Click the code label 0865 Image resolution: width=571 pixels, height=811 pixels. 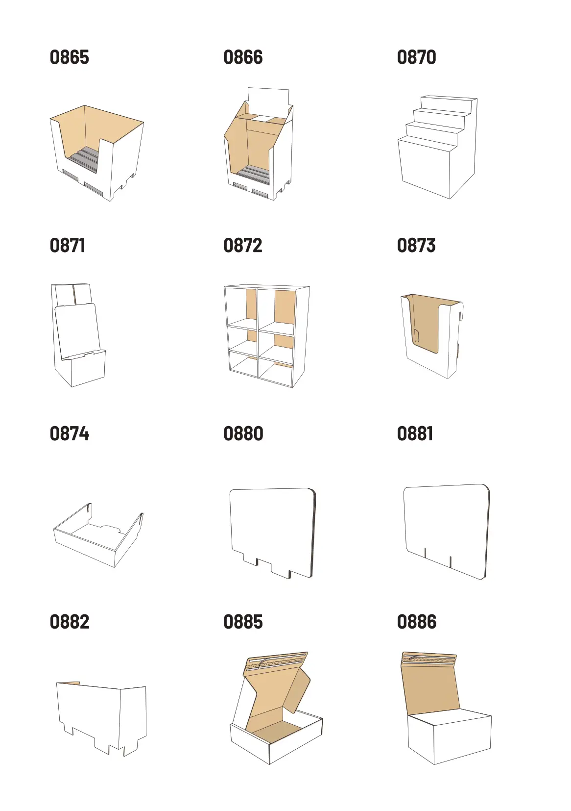[x=70, y=57]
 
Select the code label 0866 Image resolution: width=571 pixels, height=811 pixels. [x=243, y=57]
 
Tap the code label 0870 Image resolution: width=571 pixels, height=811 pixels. [x=417, y=57]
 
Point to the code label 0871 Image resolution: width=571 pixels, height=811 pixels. [x=68, y=246]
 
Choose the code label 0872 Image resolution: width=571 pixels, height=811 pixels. [x=242, y=246]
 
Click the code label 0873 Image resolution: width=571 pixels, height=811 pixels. [x=416, y=246]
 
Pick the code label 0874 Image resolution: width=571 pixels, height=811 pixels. [x=70, y=434]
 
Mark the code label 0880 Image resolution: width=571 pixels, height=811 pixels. [x=243, y=434]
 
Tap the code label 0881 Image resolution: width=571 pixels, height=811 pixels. [x=415, y=434]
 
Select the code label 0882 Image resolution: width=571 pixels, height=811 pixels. [x=70, y=622]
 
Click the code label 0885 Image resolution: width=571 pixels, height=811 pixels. [x=243, y=622]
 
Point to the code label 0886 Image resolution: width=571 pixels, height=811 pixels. [x=417, y=622]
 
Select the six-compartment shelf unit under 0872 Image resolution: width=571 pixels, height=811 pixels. [x=267, y=336]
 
